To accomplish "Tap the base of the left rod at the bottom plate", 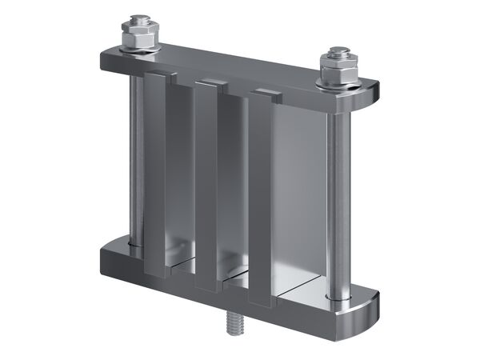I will pyautogui.click(x=135, y=243).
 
